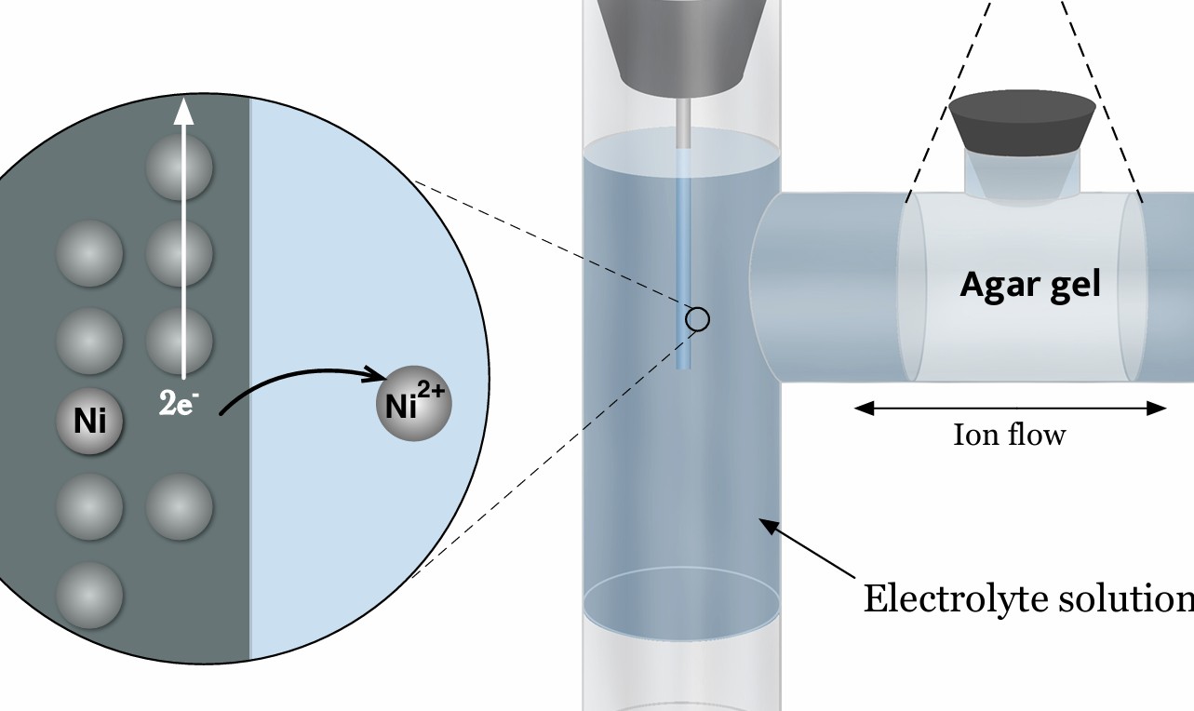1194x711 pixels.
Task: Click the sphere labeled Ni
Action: click(x=89, y=423)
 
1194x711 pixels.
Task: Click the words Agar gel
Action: click(x=1029, y=284)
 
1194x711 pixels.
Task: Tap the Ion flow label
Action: click(x=1009, y=435)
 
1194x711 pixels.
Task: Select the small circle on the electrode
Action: click(x=698, y=319)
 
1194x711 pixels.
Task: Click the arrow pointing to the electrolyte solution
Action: click(x=806, y=549)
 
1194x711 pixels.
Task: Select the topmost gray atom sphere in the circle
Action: click(x=180, y=168)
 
